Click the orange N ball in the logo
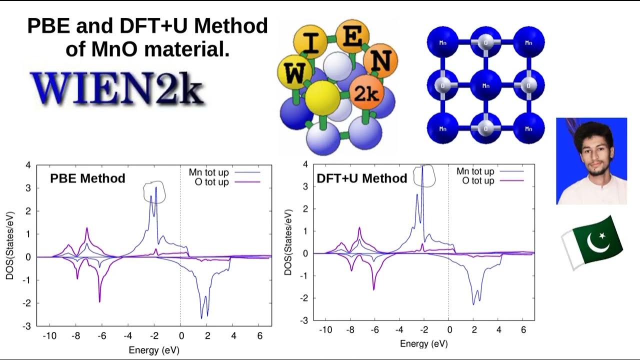[381, 61]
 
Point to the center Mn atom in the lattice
[485, 85]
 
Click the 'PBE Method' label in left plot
[87, 178]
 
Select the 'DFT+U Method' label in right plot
[362, 178]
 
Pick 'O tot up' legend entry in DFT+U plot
[478, 180]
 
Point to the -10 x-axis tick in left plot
[49, 335]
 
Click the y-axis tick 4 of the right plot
[305, 164]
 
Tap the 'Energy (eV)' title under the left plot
[154, 350]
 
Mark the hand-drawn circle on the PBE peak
[153, 191]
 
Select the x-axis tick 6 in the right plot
[523, 330]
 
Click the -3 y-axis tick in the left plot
[27, 326]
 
